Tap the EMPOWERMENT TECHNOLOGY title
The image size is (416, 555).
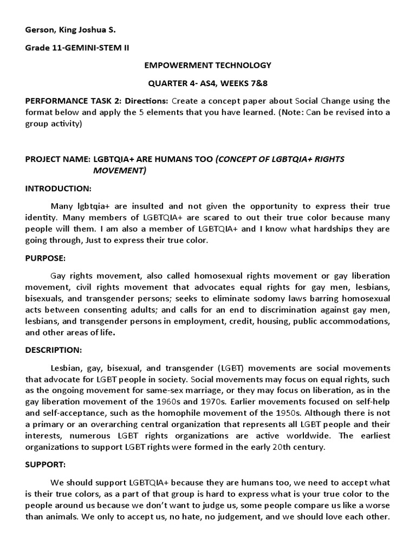coord(207,65)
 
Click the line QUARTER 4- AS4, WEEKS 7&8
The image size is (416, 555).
coord(207,83)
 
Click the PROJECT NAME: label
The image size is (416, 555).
coord(57,159)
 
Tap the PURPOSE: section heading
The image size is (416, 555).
coord(45,258)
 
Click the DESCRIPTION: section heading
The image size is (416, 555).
coord(54,350)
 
